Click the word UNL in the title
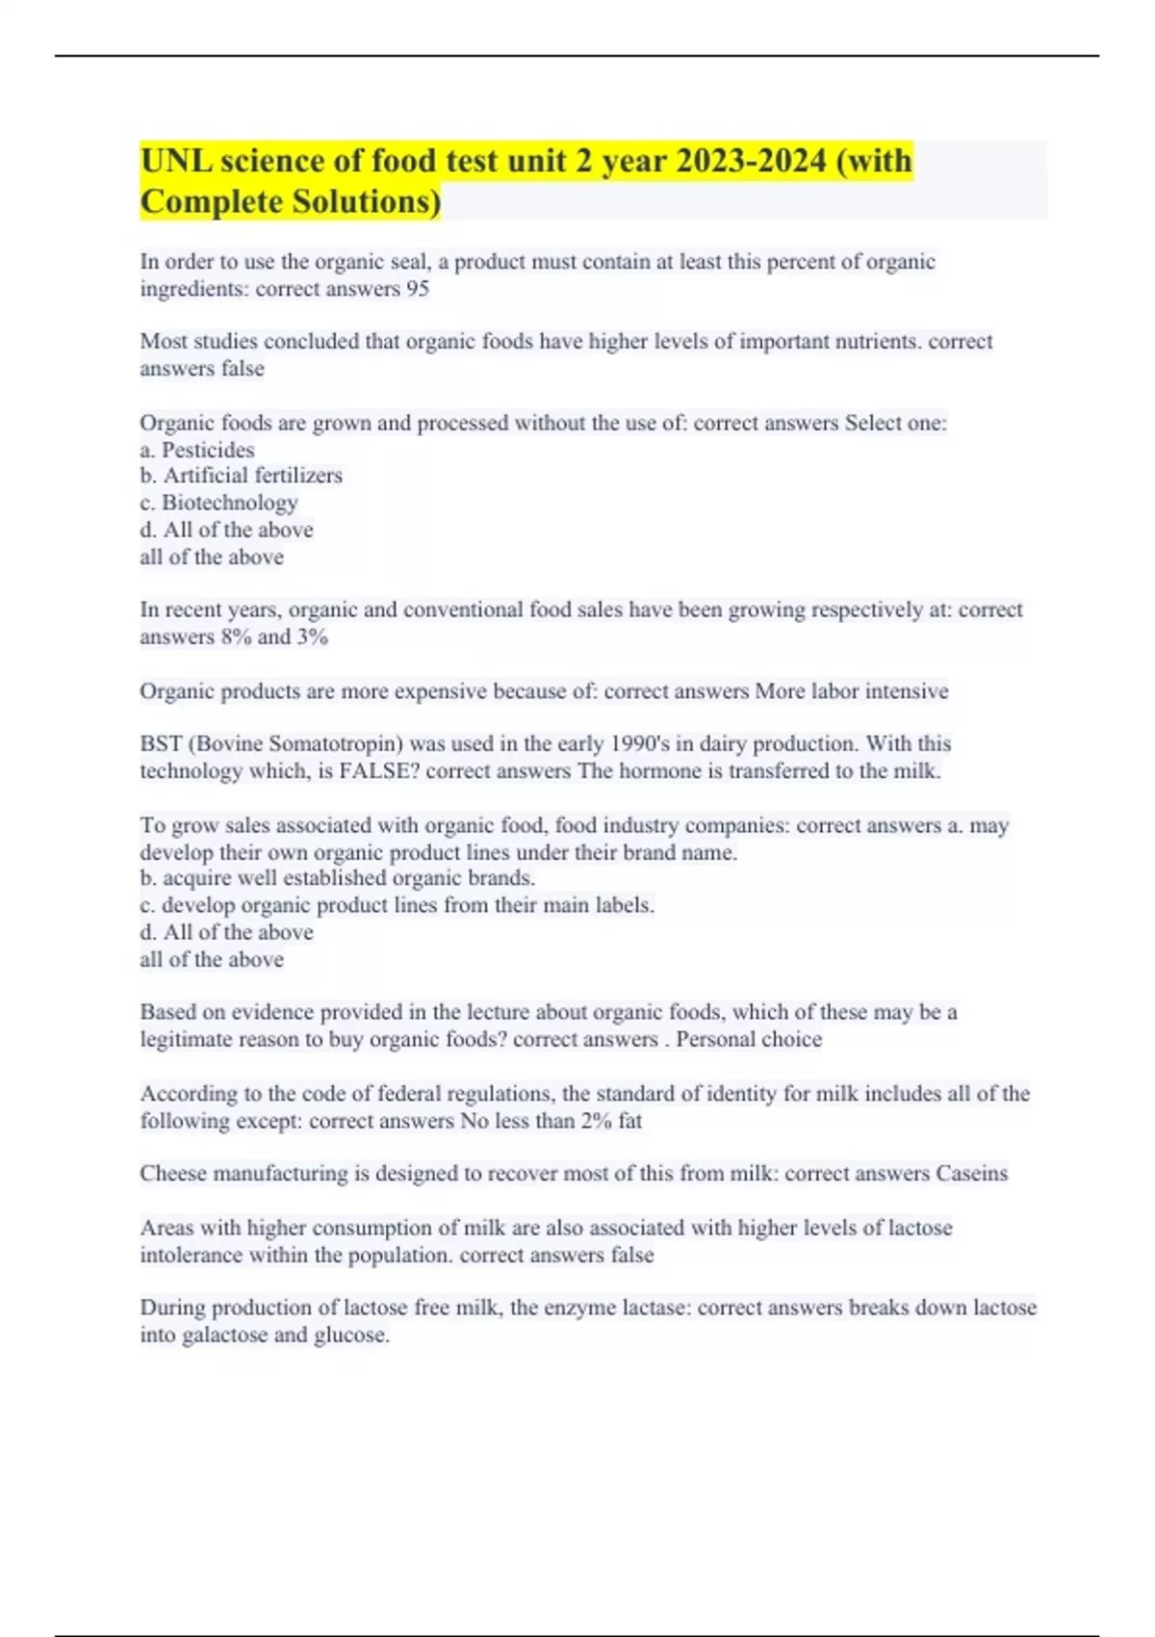coord(176,161)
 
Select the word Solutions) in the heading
coord(367,202)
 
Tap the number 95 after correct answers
coord(417,289)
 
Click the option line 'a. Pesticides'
coord(197,450)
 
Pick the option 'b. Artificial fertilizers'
coord(241,476)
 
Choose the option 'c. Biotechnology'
coord(218,503)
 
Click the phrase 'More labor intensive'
coord(852,691)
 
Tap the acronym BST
coord(160,743)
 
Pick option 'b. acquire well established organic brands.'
coord(337,878)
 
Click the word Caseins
coord(971,1173)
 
